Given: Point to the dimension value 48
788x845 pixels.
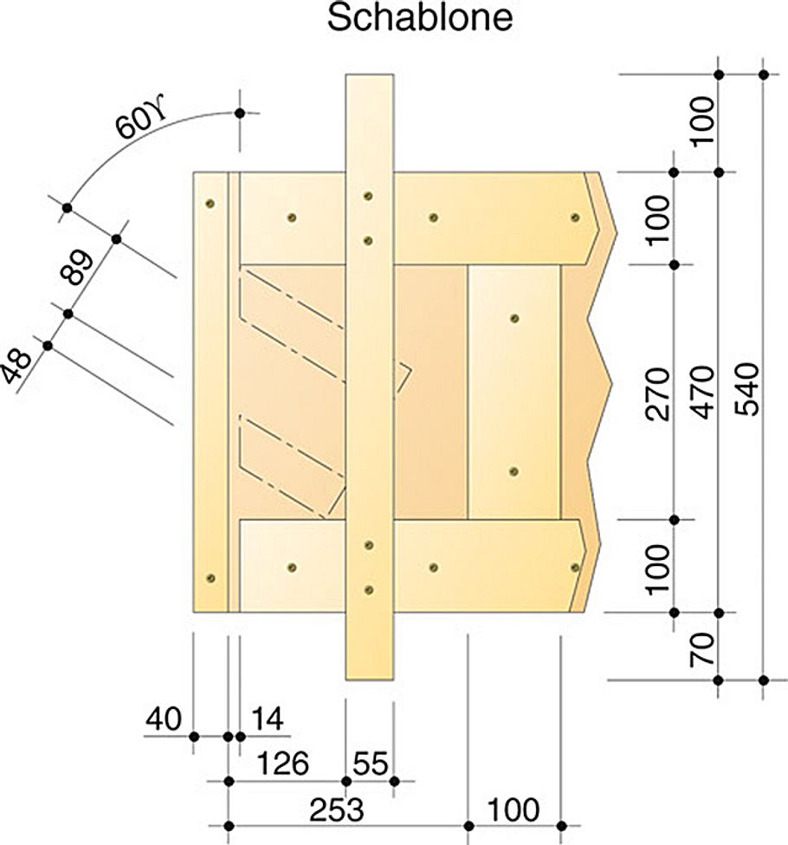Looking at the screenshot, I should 20,363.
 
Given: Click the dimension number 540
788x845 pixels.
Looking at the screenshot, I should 750,390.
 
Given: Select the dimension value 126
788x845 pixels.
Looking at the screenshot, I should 281,764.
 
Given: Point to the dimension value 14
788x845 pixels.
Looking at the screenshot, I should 267,719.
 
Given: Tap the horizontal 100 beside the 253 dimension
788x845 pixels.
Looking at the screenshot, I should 513,810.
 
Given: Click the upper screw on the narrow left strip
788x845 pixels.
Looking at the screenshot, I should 210,204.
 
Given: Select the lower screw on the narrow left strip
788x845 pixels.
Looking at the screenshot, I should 210,578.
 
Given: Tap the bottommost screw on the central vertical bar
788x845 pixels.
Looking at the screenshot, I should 369,589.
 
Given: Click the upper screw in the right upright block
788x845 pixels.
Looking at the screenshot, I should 514,319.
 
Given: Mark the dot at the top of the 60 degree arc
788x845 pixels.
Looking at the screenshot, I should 240,113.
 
